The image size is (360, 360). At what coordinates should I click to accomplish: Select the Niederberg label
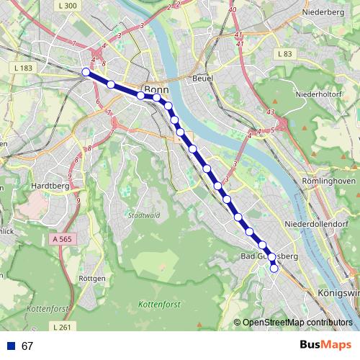click(324, 12)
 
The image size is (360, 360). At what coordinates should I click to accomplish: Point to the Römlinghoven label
click(329, 181)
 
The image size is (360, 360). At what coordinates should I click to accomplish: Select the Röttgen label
click(92, 277)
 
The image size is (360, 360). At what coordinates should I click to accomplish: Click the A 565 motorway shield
click(64, 238)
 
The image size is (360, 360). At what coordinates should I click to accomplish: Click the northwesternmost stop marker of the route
click(86, 71)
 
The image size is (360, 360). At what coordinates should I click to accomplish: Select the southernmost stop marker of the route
click(274, 269)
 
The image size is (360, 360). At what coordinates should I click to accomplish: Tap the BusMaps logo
click(325, 346)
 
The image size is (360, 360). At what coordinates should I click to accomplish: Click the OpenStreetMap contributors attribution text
click(297, 323)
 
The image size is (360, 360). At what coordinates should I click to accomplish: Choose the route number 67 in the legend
click(27, 346)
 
